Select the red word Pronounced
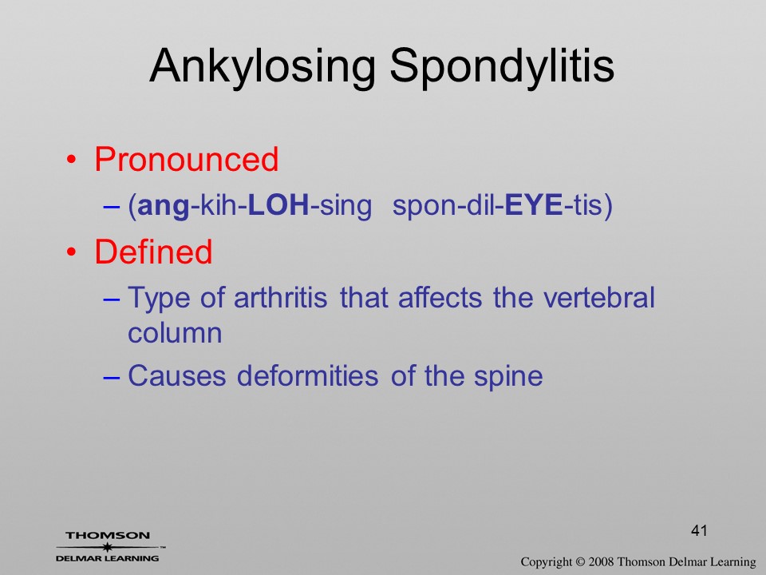(x=186, y=160)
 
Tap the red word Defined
(x=153, y=252)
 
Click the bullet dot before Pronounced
(x=71, y=160)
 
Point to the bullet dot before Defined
(x=71, y=252)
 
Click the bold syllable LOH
(x=278, y=205)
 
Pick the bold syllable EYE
(x=533, y=205)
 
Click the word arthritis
(x=280, y=297)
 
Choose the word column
(x=175, y=334)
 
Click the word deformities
(x=307, y=376)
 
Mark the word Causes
(x=177, y=376)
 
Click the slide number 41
(x=699, y=530)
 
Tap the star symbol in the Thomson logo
(x=107, y=547)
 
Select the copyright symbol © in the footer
(x=580, y=562)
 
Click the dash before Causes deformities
(x=112, y=378)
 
